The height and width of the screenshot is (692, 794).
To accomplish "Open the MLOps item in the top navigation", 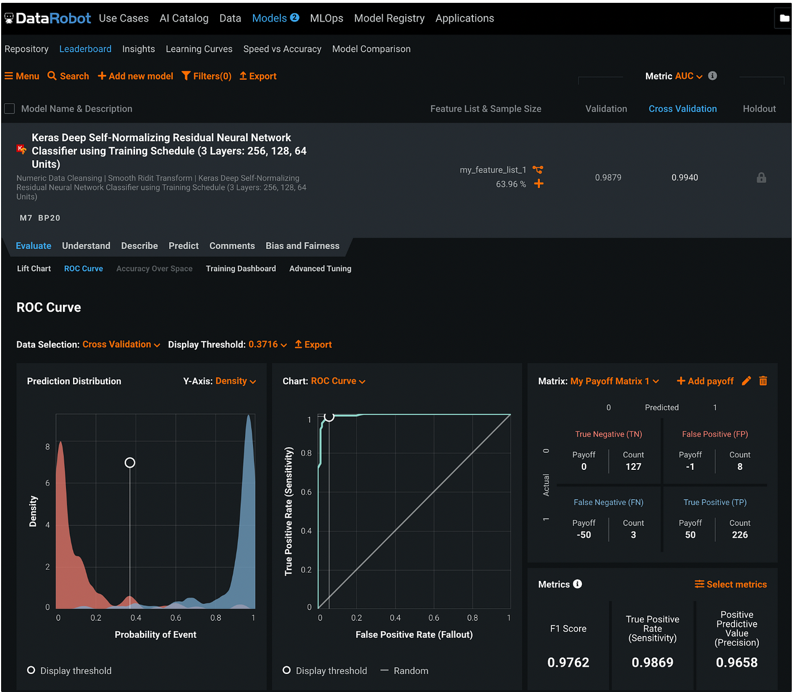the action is tap(326, 18).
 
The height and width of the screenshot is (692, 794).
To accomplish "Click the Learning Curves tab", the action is tap(198, 49).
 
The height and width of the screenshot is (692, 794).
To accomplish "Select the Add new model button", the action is tap(135, 76).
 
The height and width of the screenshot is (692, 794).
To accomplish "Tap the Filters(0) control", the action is tap(206, 76).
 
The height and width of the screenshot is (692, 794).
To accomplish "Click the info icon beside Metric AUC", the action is tap(712, 75).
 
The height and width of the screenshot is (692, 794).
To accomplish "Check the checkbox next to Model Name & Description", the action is tap(10, 109).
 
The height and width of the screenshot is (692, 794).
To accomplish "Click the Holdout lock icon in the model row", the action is tap(761, 177).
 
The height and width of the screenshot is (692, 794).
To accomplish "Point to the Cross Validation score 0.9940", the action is tap(684, 177).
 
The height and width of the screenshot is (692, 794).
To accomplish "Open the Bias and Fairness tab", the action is tap(302, 246).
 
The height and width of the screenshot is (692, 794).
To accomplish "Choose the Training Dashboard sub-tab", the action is tap(240, 269).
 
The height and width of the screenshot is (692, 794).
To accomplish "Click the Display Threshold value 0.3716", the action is tap(263, 344).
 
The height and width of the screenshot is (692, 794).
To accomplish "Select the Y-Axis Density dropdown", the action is tap(235, 381).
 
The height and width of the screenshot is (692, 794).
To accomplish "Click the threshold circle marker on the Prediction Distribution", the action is tap(130, 462).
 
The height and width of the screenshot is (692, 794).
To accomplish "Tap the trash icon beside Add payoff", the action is tap(763, 381).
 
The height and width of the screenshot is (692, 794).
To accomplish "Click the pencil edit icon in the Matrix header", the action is tap(746, 381).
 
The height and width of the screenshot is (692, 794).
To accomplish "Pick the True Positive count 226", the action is tap(740, 534).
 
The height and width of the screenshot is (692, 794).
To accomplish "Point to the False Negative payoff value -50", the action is tap(583, 534).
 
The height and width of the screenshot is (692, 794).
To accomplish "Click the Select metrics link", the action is tap(730, 584).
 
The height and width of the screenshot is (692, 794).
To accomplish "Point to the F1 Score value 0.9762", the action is tap(568, 662).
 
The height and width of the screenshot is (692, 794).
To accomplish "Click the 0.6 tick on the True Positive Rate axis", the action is tap(306, 492).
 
